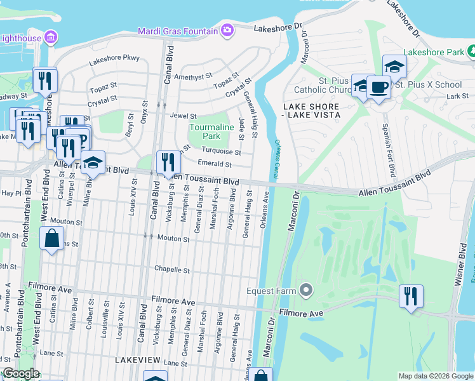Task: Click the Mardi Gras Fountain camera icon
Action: tap(227, 30)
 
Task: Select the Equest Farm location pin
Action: tap(306, 291)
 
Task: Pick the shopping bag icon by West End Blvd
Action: tap(51, 239)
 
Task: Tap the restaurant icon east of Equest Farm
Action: tap(411, 296)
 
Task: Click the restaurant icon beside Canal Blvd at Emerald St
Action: tap(168, 162)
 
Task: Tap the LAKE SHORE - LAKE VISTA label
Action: tap(312, 110)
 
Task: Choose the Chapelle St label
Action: tap(172, 270)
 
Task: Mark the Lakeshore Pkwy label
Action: tap(114, 58)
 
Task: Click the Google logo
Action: tap(20, 373)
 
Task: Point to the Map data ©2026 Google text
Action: tap(435, 376)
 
